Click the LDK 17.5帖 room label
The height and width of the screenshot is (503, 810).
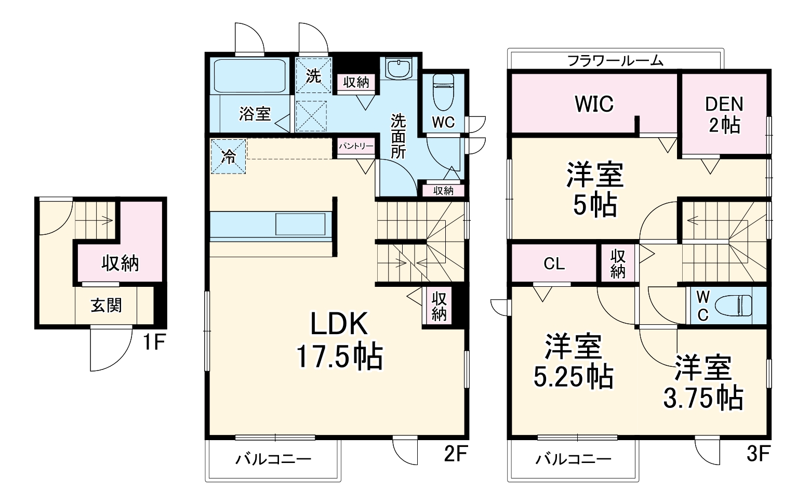click(x=339, y=340)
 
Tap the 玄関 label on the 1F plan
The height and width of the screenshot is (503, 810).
click(x=106, y=305)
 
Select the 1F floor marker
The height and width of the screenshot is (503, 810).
click(x=154, y=342)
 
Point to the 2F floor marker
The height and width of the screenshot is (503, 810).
click(x=456, y=454)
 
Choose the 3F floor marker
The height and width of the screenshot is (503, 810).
click(x=758, y=454)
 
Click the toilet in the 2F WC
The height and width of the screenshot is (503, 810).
click(x=443, y=91)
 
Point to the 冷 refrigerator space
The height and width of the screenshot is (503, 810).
click(x=228, y=157)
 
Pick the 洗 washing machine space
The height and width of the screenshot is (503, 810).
click(x=313, y=76)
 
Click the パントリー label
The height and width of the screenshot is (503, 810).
click(x=356, y=146)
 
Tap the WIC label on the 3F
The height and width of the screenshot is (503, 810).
click(x=594, y=104)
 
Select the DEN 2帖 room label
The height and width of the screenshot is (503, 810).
click(x=724, y=114)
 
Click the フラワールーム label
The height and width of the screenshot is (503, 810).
click(x=615, y=60)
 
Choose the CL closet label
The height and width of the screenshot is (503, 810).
click(x=554, y=264)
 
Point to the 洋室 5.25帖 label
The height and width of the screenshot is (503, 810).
click(x=573, y=362)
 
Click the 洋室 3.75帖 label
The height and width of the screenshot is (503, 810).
click(x=703, y=383)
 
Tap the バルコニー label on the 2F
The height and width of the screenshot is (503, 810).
click(x=273, y=459)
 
